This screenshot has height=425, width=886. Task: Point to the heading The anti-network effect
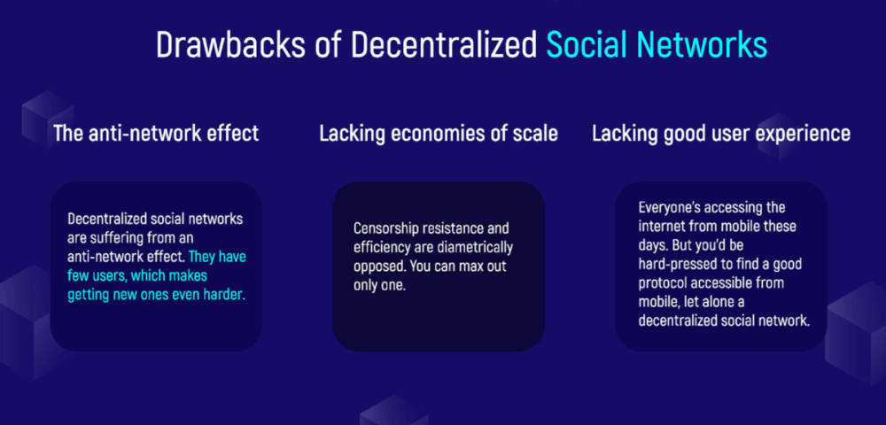156,134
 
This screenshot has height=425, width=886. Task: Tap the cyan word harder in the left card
228,296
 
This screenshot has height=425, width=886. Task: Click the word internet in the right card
659,226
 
